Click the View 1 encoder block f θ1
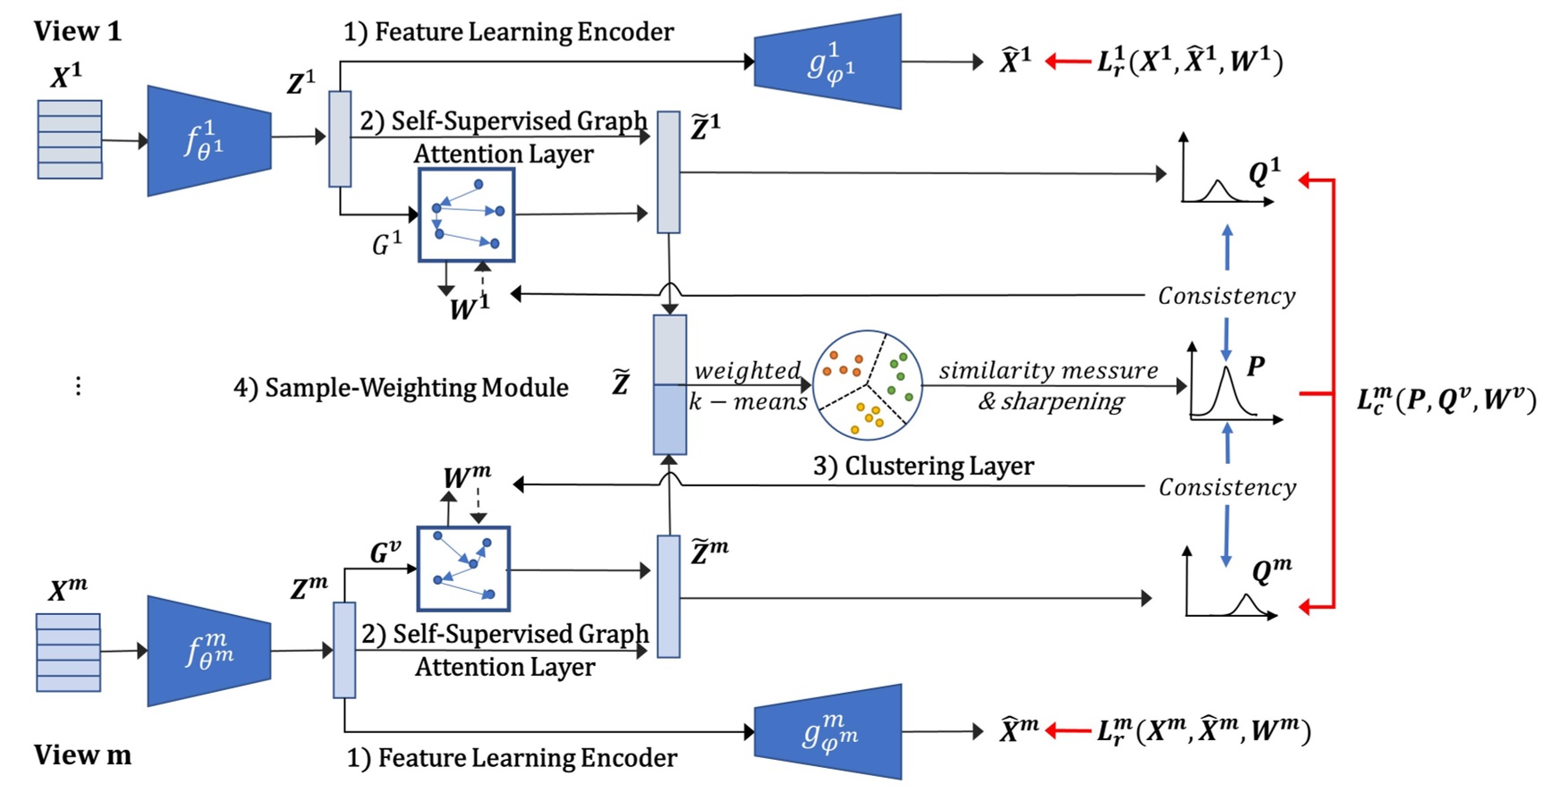coord(208,140)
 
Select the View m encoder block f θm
coord(208,651)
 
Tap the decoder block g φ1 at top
coord(827,62)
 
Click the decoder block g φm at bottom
coord(827,731)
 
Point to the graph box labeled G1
coord(466,215)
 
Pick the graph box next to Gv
coord(463,569)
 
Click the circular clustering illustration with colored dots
coord(867,385)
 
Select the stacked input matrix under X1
coord(70,139)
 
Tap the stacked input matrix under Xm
coord(68,653)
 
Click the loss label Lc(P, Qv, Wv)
coord(1445,399)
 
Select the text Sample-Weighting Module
coord(401,387)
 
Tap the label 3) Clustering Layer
coord(922,466)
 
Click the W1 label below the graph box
coord(469,308)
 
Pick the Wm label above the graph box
coord(466,477)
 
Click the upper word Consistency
coord(1226,296)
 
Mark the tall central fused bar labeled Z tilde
coord(669,384)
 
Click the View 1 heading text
coord(77,31)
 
